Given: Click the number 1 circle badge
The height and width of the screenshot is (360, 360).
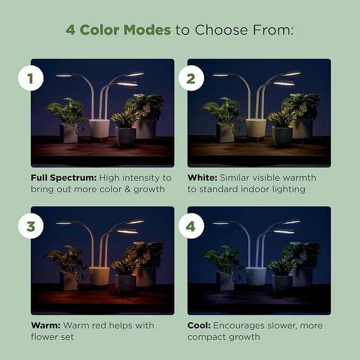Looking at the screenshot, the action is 31,78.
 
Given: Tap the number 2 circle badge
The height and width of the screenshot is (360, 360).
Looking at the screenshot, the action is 191,78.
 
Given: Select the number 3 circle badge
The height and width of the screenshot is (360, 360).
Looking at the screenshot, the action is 31,226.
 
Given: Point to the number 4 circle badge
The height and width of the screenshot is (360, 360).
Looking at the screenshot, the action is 191,226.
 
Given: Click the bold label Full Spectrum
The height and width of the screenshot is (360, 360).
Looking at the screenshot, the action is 64,178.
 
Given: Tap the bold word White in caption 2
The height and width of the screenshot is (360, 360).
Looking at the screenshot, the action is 203,178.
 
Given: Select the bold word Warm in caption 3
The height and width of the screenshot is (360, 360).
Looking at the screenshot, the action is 46,326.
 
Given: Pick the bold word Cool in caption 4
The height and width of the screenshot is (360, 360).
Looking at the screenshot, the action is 199,326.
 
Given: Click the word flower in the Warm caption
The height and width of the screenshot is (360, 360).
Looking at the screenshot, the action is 45,337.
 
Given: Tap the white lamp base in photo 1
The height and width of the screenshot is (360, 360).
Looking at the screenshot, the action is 99,128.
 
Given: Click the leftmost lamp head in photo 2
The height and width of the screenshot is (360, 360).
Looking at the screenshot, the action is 221,74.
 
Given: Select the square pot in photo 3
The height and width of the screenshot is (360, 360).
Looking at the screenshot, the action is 68,280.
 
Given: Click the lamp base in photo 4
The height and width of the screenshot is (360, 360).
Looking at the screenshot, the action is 256,276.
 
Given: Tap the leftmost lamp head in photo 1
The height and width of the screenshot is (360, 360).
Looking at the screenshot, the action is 64,75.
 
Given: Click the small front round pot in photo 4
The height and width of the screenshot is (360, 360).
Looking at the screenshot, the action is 282,284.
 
